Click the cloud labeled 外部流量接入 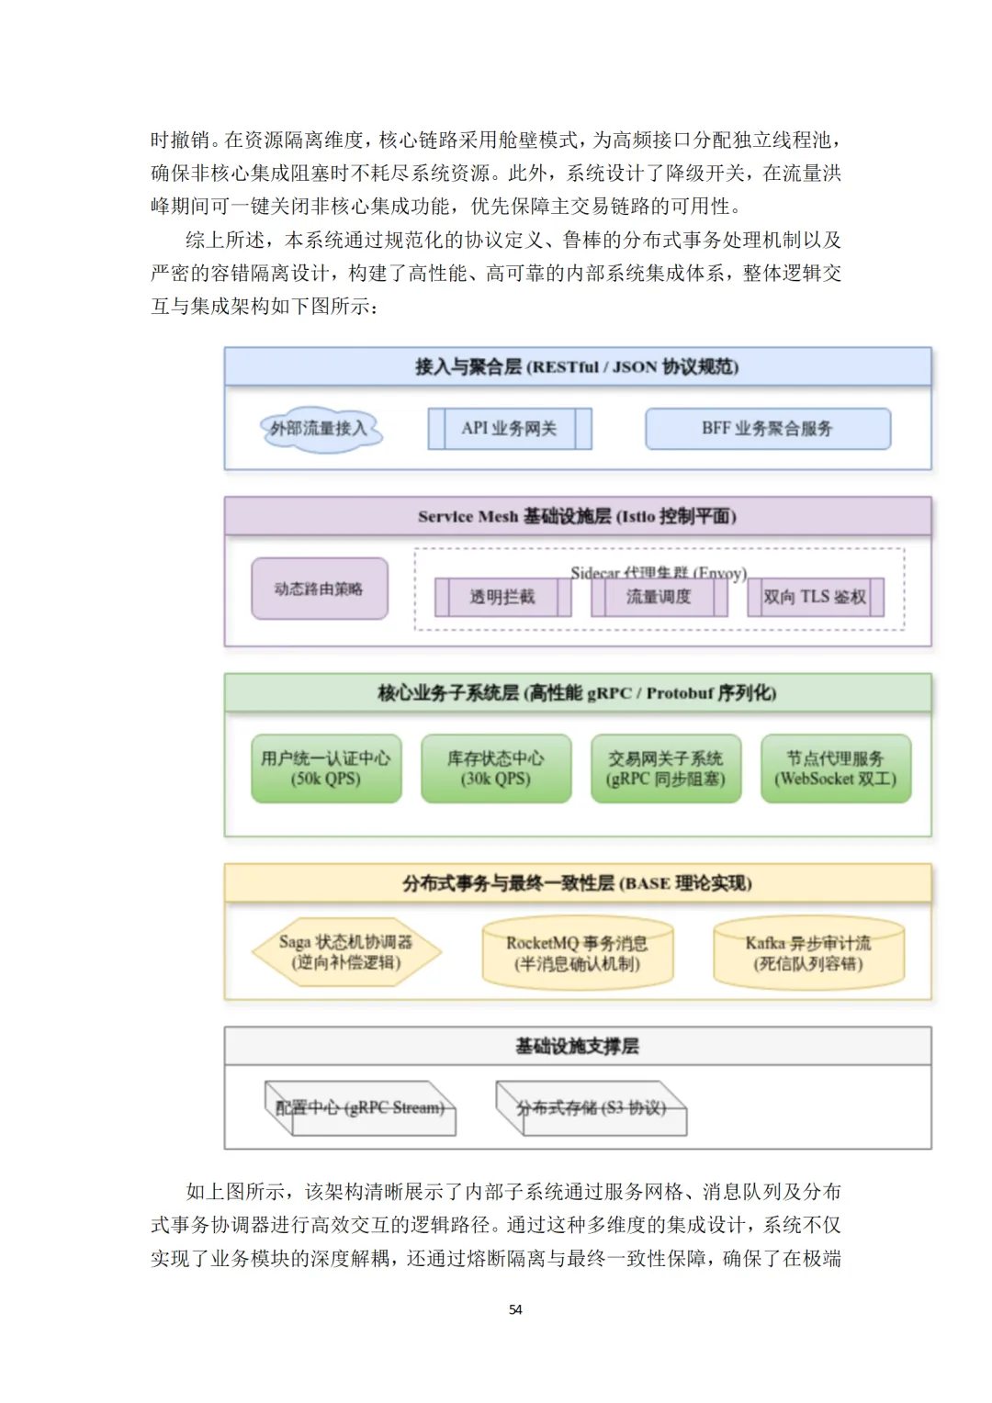[319, 429]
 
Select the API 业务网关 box [510, 429]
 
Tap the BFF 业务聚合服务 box [768, 429]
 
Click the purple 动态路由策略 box [319, 589]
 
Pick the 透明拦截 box [502, 597]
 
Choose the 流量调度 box [659, 597]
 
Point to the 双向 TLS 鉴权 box [815, 597]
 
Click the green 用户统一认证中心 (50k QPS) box [326, 769]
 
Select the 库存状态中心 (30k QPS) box [496, 769]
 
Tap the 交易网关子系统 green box [666, 769]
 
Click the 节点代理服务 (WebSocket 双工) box [836, 769]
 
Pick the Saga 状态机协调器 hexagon [346, 952]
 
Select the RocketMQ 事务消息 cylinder [577, 953]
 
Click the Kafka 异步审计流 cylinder [808, 953]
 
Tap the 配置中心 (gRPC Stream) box [360, 1107]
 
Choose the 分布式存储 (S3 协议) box [592, 1107]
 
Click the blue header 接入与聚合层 [577, 366]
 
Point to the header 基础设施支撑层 [577, 1046]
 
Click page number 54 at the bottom [515, 1309]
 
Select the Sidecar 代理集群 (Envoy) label [658, 572]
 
